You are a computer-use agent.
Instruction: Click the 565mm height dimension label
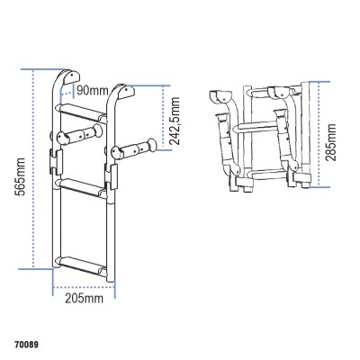tap(19, 167)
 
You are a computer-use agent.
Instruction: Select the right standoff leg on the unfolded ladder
tap(134, 144)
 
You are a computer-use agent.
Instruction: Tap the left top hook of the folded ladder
tap(219, 96)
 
